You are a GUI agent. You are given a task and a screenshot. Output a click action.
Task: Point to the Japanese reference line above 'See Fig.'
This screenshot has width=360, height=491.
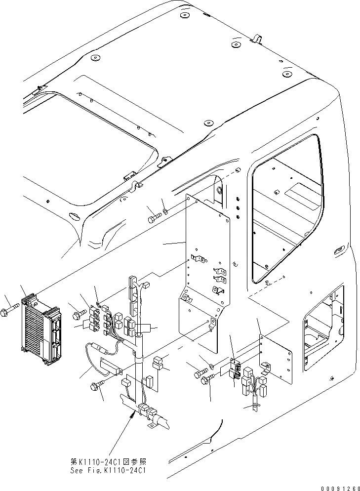pyautogui.click(x=110, y=461)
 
